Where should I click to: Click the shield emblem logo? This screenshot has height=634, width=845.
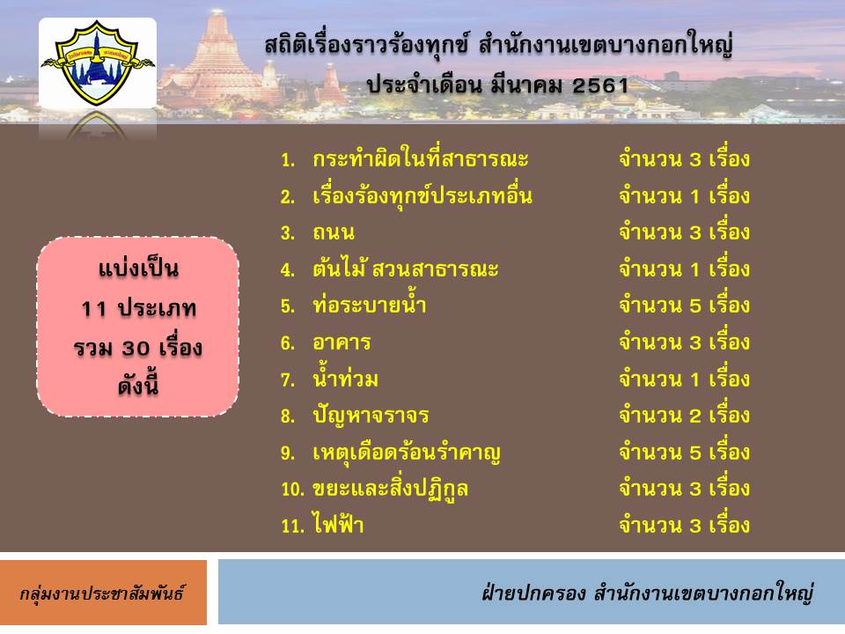pos(98,62)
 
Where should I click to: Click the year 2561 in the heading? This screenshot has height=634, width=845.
pos(600,85)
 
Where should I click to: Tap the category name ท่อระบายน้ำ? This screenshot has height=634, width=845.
pos(370,306)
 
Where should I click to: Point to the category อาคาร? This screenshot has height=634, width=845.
pos(342,343)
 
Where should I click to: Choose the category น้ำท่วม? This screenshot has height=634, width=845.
pos(345,379)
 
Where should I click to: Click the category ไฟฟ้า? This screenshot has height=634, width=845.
pos(338,524)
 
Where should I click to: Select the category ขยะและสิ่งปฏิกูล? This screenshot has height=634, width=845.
pos(390,490)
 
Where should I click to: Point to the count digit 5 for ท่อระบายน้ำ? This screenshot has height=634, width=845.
pos(694,306)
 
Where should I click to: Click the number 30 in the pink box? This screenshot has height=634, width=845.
pos(136,349)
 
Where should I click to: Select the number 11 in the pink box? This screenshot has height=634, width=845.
pos(93,309)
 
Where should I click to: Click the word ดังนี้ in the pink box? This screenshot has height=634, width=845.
pos(138,386)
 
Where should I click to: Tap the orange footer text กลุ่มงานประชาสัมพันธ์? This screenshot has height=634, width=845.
pos(102,593)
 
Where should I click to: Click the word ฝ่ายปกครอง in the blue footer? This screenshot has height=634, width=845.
pos(533,593)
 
